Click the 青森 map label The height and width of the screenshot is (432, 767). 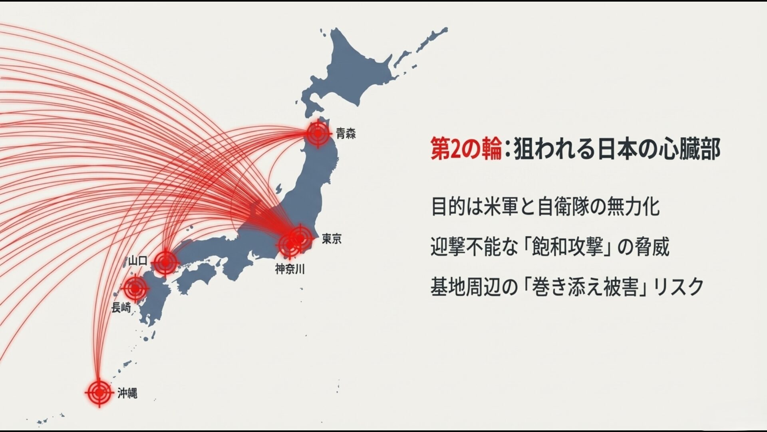point(346,134)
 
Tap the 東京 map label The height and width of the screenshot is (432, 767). point(332,239)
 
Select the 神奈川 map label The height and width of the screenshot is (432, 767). point(290,269)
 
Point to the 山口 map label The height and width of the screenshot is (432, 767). point(138,261)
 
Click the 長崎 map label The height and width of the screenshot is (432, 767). point(121,308)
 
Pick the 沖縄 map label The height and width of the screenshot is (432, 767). point(127,394)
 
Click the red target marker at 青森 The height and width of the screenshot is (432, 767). point(318,134)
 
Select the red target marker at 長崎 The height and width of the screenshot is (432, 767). point(135,288)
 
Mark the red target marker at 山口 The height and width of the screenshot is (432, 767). point(165,262)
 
